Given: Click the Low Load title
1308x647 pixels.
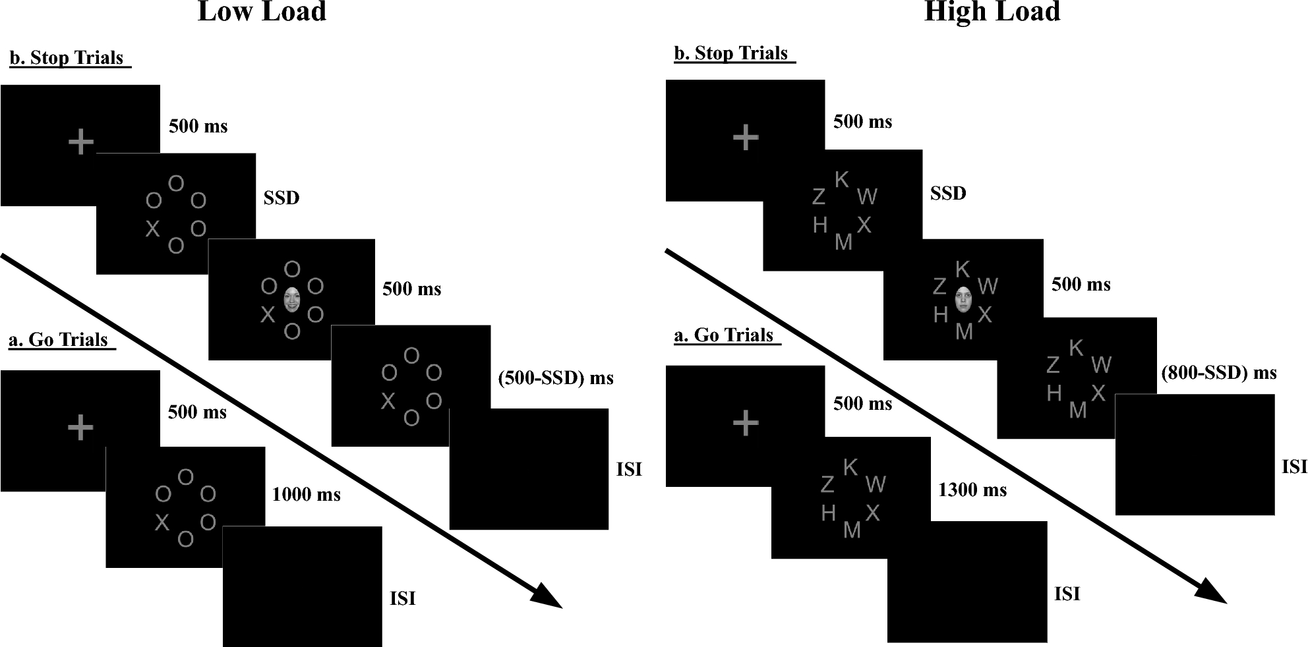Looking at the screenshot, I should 262,12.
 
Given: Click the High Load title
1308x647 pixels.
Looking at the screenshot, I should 992,12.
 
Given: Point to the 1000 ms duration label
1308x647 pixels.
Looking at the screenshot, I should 306,494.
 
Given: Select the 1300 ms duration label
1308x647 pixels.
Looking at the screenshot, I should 972,490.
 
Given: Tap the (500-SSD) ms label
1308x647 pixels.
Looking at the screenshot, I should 556,378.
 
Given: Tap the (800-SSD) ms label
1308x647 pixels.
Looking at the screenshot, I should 1219,373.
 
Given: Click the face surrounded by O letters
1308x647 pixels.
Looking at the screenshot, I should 291,299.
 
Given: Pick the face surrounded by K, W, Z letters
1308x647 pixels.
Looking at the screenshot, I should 963,299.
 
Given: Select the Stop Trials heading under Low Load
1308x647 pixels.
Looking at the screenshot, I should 69,58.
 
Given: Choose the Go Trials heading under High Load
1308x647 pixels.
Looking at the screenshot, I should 727,335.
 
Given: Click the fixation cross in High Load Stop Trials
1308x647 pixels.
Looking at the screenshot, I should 746,138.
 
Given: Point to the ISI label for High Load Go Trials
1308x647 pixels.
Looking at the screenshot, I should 1067,594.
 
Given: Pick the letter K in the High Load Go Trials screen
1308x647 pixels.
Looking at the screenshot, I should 850,467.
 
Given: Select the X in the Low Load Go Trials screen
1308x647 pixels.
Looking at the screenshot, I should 162,522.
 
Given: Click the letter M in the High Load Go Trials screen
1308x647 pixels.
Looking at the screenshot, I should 852,530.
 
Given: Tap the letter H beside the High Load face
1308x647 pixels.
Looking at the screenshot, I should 941,315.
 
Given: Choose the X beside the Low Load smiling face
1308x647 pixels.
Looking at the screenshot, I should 267,314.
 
